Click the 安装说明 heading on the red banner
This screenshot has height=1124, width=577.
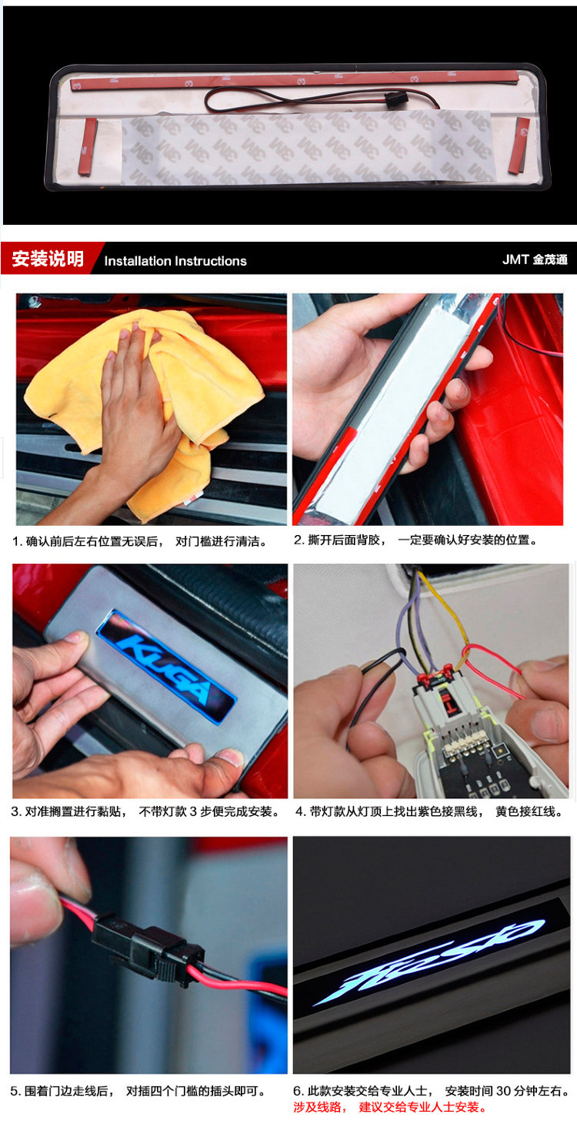tap(48, 259)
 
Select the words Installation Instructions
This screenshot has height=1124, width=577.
tap(175, 261)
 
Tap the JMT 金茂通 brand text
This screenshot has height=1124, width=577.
tap(535, 259)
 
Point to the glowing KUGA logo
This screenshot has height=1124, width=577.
tap(166, 667)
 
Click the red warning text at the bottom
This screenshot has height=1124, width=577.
tap(390, 1107)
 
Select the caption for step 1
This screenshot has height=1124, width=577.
tap(140, 541)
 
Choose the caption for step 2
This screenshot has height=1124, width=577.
tap(415, 540)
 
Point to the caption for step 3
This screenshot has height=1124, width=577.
tap(145, 811)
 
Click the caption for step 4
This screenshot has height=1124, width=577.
tap(429, 811)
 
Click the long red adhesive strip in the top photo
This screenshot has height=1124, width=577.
tap(295, 81)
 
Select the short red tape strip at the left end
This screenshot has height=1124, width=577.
tap(88, 147)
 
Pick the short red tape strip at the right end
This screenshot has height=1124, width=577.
tap(519, 146)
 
